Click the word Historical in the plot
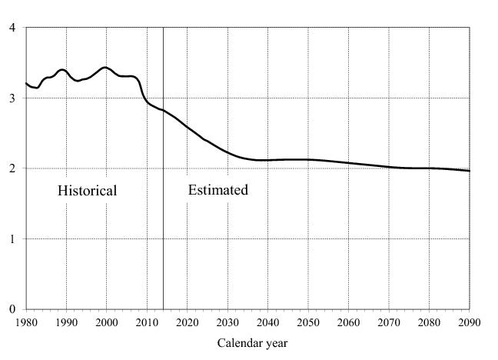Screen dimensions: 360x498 pyautogui.click(x=87, y=191)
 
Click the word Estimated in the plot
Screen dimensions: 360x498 pyautogui.click(x=218, y=190)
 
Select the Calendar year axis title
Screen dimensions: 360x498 pyautogui.click(x=252, y=343)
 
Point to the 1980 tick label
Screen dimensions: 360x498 pyautogui.click(x=26, y=322)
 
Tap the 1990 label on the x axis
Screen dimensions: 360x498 pyautogui.click(x=66, y=322)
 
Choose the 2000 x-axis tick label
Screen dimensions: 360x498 pyautogui.click(x=107, y=322)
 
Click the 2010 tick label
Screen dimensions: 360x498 pyautogui.click(x=147, y=322)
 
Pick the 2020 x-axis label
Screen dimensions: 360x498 pyautogui.click(x=187, y=322)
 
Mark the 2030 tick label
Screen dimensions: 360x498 pyautogui.click(x=227, y=322)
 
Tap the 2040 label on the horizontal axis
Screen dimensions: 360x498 pyautogui.click(x=267, y=322)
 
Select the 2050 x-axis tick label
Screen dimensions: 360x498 pyautogui.click(x=308, y=322)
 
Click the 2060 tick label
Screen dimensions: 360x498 pyautogui.click(x=348, y=322)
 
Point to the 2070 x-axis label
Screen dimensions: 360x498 pyautogui.click(x=388, y=322)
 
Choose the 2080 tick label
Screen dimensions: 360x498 pyautogui.click(x=429, y=322)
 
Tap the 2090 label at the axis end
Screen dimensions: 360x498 pyautogui.click(x=469, y=322)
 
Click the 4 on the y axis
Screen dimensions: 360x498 pyautogui.click(x=12, y=28)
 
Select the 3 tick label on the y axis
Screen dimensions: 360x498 pyautogui.click(x=12, y=98)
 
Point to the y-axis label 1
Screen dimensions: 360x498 pyautogui.click(x=12, y=239)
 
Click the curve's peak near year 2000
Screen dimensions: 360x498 pyautogui.click(x=105, y=68)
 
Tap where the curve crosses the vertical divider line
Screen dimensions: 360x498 pyautogui.click(x=163, y=111)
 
